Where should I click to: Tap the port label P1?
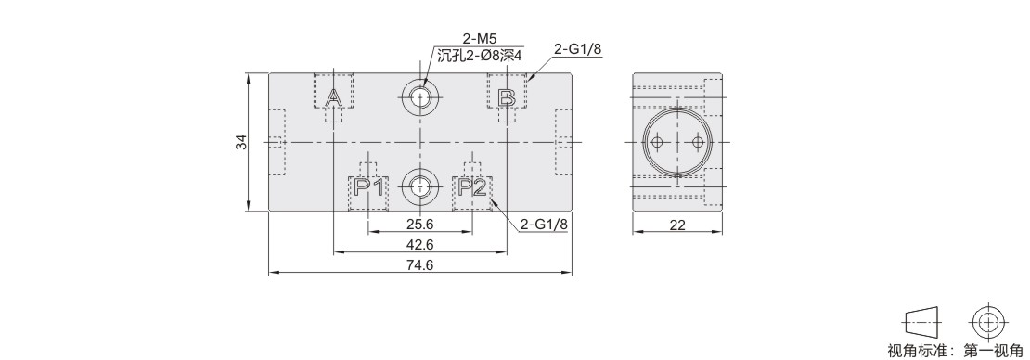point(368,187)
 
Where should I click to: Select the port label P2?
point(472,187)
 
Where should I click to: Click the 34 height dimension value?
point(242,142)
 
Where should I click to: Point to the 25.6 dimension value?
point(419,224)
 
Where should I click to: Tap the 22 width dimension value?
point(677,225)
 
